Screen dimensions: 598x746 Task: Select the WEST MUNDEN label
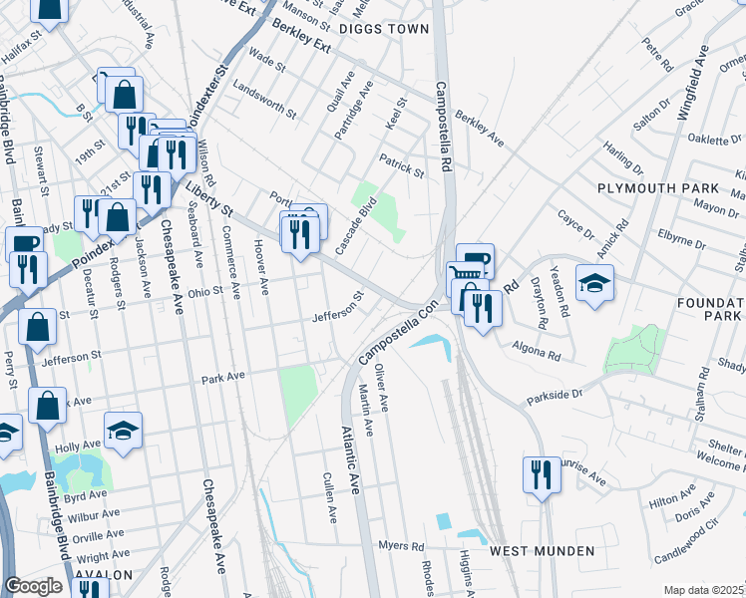tap(542, 551)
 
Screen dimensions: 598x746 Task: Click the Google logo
tap(33, 586)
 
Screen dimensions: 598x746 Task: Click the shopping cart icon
tap(462, 275)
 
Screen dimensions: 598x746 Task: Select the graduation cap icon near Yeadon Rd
tap(594, 283)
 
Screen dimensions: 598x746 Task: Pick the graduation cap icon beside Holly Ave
tap(124, 431)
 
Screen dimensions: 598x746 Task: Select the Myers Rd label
tap(402, 546)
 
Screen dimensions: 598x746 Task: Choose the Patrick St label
tap(401, 165)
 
